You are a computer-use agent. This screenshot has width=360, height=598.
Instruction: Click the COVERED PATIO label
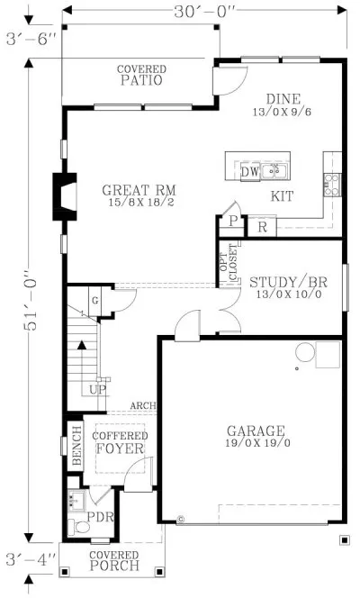[x=139, y=75]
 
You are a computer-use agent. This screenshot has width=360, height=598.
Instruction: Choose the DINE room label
[x=284, y=106]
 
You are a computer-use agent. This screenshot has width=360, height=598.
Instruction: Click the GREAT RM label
[x=138, y=196]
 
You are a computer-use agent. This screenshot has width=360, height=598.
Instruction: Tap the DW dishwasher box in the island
[x=249, y=171]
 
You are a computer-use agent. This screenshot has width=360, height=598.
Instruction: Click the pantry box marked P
[x=232, y=222]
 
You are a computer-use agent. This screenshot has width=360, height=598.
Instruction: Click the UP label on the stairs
[x=97, y=390]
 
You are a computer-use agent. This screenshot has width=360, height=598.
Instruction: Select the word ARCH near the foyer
[x=142, y=406]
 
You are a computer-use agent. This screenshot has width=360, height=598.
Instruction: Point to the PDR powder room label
[x=95, y=519]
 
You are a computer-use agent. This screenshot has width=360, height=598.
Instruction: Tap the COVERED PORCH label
[x=114, y=560]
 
